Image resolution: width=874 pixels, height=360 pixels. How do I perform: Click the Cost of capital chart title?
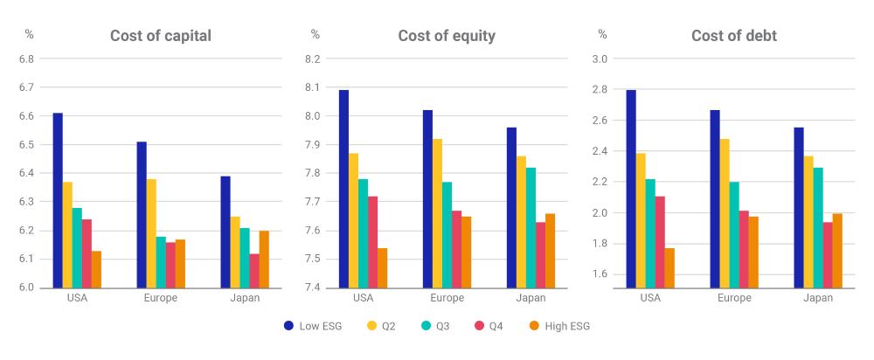[161, 36]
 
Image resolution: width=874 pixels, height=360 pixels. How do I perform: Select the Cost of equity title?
[447, 36]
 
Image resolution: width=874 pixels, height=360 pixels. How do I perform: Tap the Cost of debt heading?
[734, 36]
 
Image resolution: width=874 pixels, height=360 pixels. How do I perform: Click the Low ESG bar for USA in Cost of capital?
[58, 201]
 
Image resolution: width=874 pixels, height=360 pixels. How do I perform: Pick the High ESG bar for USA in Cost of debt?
[669, 268]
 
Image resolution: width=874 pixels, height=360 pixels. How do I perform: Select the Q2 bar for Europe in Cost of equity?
[438, 213]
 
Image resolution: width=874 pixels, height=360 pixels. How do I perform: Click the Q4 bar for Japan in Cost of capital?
[254, 271]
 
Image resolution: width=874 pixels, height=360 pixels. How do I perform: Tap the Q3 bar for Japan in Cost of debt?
[818, 228]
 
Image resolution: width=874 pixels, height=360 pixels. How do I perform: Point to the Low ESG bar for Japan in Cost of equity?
[511, 208]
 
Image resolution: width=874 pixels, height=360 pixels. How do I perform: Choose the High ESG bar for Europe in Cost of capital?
[180, 264]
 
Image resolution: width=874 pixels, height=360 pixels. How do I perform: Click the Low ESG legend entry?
[313, 327]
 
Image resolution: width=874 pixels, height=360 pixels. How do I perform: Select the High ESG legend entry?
[558, 327]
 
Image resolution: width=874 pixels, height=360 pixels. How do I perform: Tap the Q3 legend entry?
[435, 327]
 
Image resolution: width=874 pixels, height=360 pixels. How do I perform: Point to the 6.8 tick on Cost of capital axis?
[27, 59]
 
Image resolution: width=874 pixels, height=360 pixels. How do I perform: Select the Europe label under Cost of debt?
[734, 298]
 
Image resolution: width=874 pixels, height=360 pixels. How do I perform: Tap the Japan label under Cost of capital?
[245, 298]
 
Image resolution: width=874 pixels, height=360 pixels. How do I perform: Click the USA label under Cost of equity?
[363, 298]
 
